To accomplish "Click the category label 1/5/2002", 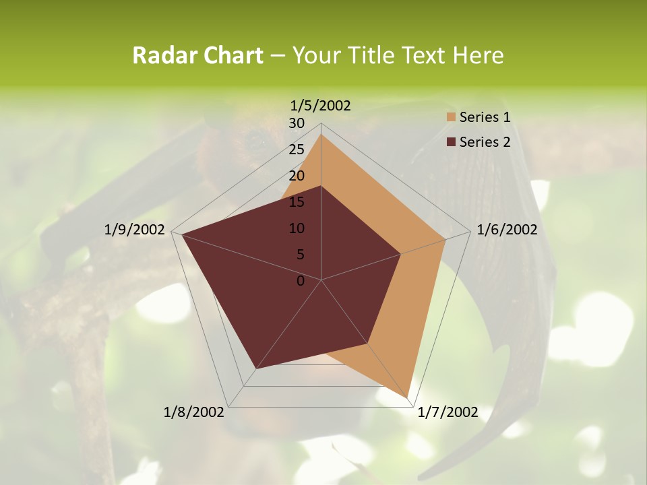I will point(321,106).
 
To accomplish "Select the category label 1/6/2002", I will point(507,230).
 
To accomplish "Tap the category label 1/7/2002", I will point(448,412).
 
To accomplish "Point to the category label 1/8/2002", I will point(194,412).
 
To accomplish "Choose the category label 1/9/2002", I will point(135,230).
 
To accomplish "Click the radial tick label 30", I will point(297,123).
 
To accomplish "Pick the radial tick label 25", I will point(297,150).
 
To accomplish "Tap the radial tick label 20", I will point(297,176).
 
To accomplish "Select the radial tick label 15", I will point(297,202).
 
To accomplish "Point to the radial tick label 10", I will point(297,228).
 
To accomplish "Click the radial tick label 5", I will point(300,255).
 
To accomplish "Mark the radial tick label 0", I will point(301,281).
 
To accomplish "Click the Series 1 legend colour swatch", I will point(451,118).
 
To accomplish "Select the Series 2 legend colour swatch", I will point(451,142).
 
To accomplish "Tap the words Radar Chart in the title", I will point(197,55).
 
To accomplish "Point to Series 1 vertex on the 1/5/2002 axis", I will point(321,134).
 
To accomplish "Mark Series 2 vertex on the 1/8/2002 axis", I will point(256,368).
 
